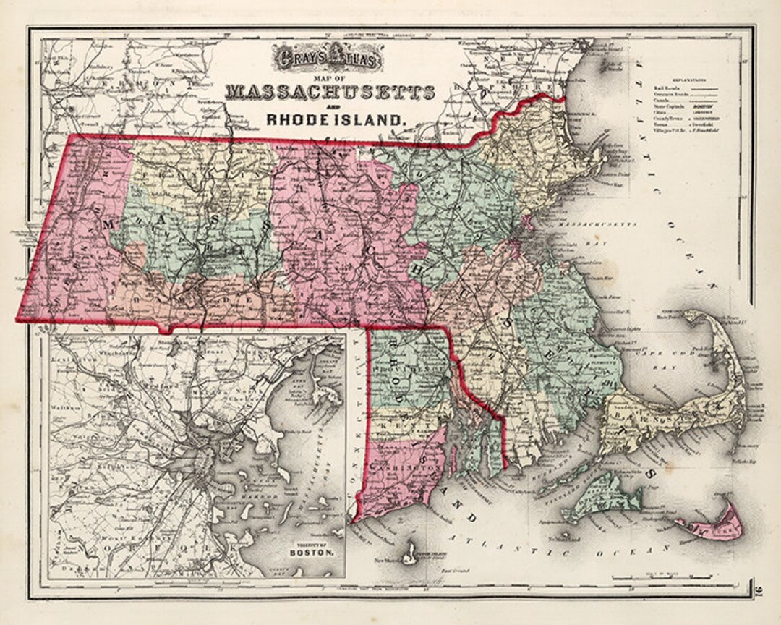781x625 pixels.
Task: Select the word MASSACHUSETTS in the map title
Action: point(330,93)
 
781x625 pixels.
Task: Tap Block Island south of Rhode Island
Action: point(409,553)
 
